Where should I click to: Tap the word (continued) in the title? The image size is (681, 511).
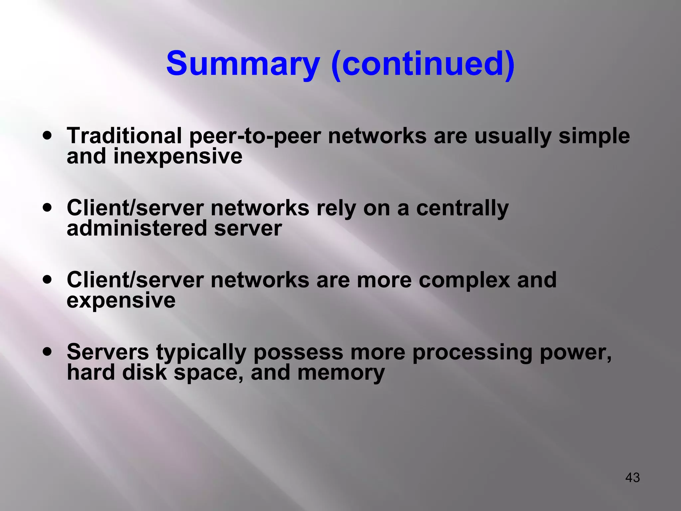point(423,64)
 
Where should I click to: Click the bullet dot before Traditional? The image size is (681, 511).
point(48,136)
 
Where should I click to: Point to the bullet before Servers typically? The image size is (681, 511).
point(48,351)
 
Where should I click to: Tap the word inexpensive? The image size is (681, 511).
point(178,156)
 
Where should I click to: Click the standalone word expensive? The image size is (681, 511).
point(121,301)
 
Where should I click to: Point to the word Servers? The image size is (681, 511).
point(108,352)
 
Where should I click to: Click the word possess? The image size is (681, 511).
point(298,353)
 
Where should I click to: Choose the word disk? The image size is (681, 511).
point(144,372)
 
